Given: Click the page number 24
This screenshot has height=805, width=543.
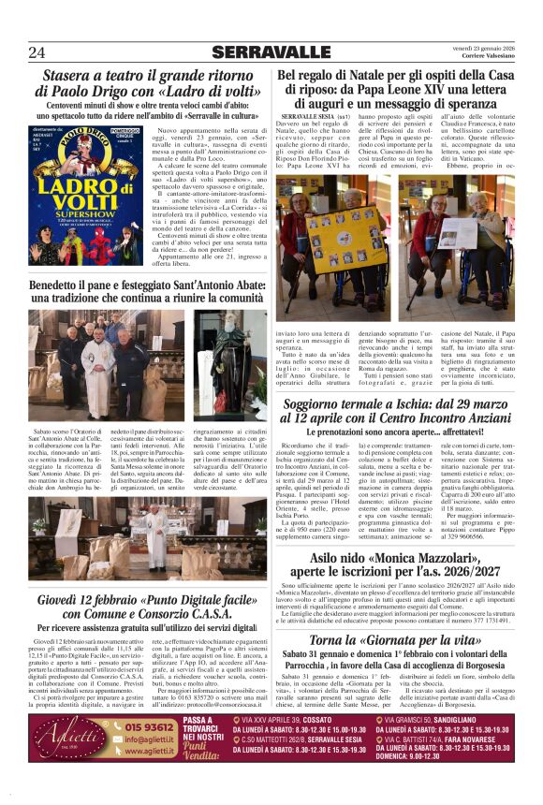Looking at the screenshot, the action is pyautogui.click(x=37, y=51).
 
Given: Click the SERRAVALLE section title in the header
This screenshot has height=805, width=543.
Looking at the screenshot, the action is pyautogui.click(x=271, y=51).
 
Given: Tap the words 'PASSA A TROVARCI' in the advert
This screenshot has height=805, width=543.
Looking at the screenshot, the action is pyautogui.click(x=200, y=725).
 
